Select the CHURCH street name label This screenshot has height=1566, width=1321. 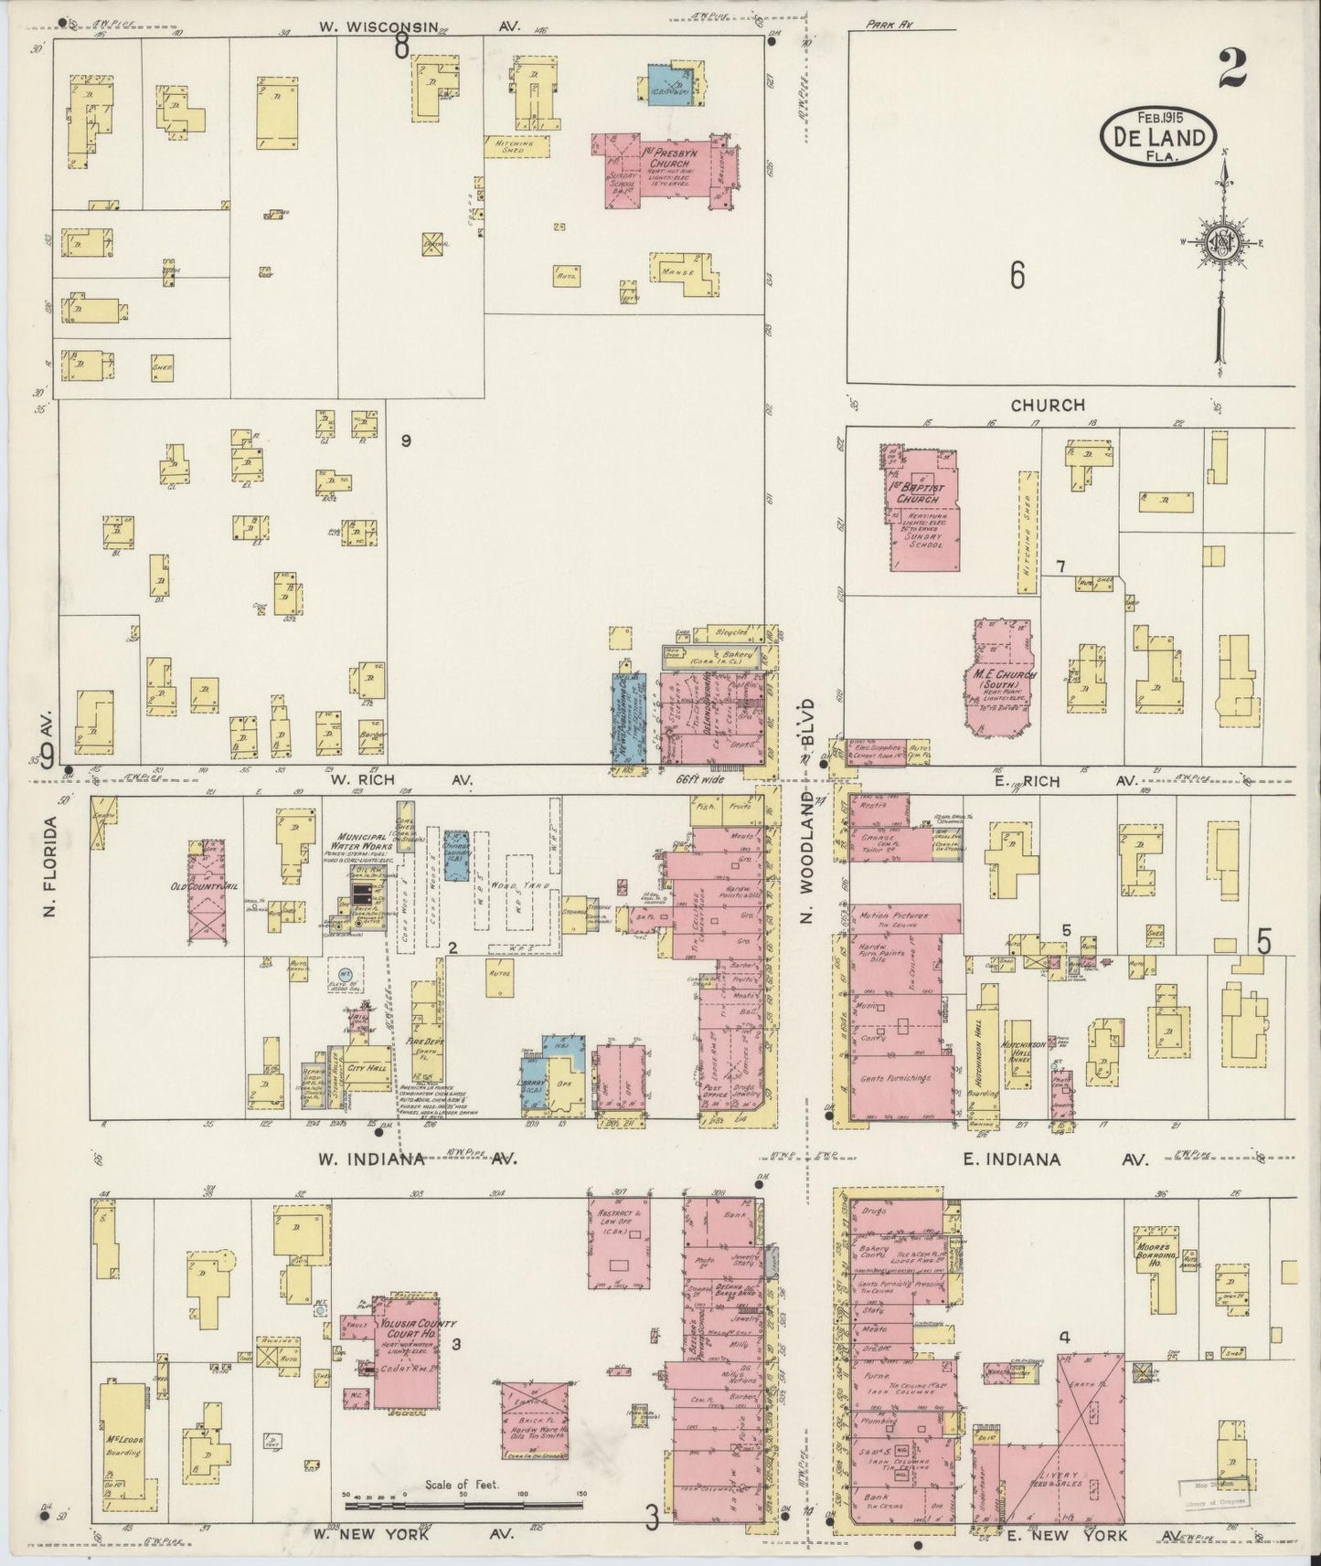1048,404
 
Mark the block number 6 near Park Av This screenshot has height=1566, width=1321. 1017,274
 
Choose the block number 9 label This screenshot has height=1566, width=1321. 406,441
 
